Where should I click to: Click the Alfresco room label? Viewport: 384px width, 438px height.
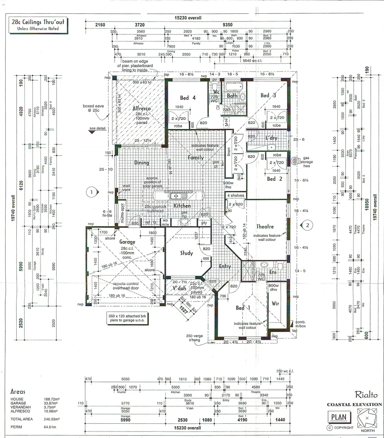tap(142, 109)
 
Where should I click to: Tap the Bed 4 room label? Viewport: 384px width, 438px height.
tap(187, 98)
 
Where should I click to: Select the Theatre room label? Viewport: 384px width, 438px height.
tap(265, 227)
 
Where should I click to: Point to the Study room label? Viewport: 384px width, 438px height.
tap(187, 253)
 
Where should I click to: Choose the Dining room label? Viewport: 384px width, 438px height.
tap(142, 163)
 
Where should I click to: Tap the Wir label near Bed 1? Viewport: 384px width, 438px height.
tap(275, 303)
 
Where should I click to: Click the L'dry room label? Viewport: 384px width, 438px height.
tap(271, 138)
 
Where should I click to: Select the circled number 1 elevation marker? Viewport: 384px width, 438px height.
tap(92, 191)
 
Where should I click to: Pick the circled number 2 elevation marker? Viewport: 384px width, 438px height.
tap(307, 225)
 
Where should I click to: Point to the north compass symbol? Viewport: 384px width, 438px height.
tap(367, 418)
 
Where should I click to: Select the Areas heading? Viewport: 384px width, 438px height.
tap(18, 392)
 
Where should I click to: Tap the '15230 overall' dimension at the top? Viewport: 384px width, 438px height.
tap(188, 18)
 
